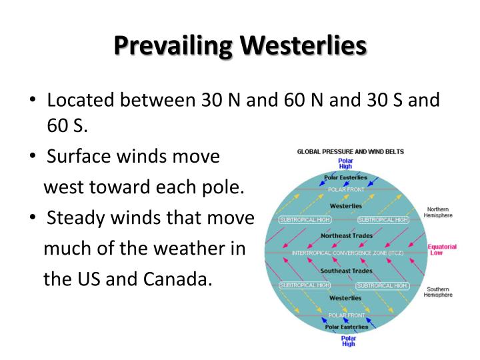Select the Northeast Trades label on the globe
(345, 236)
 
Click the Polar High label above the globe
(345, 163)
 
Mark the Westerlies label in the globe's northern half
(345, 206)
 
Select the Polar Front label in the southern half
(345, 315)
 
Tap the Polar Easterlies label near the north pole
(345, 178)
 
